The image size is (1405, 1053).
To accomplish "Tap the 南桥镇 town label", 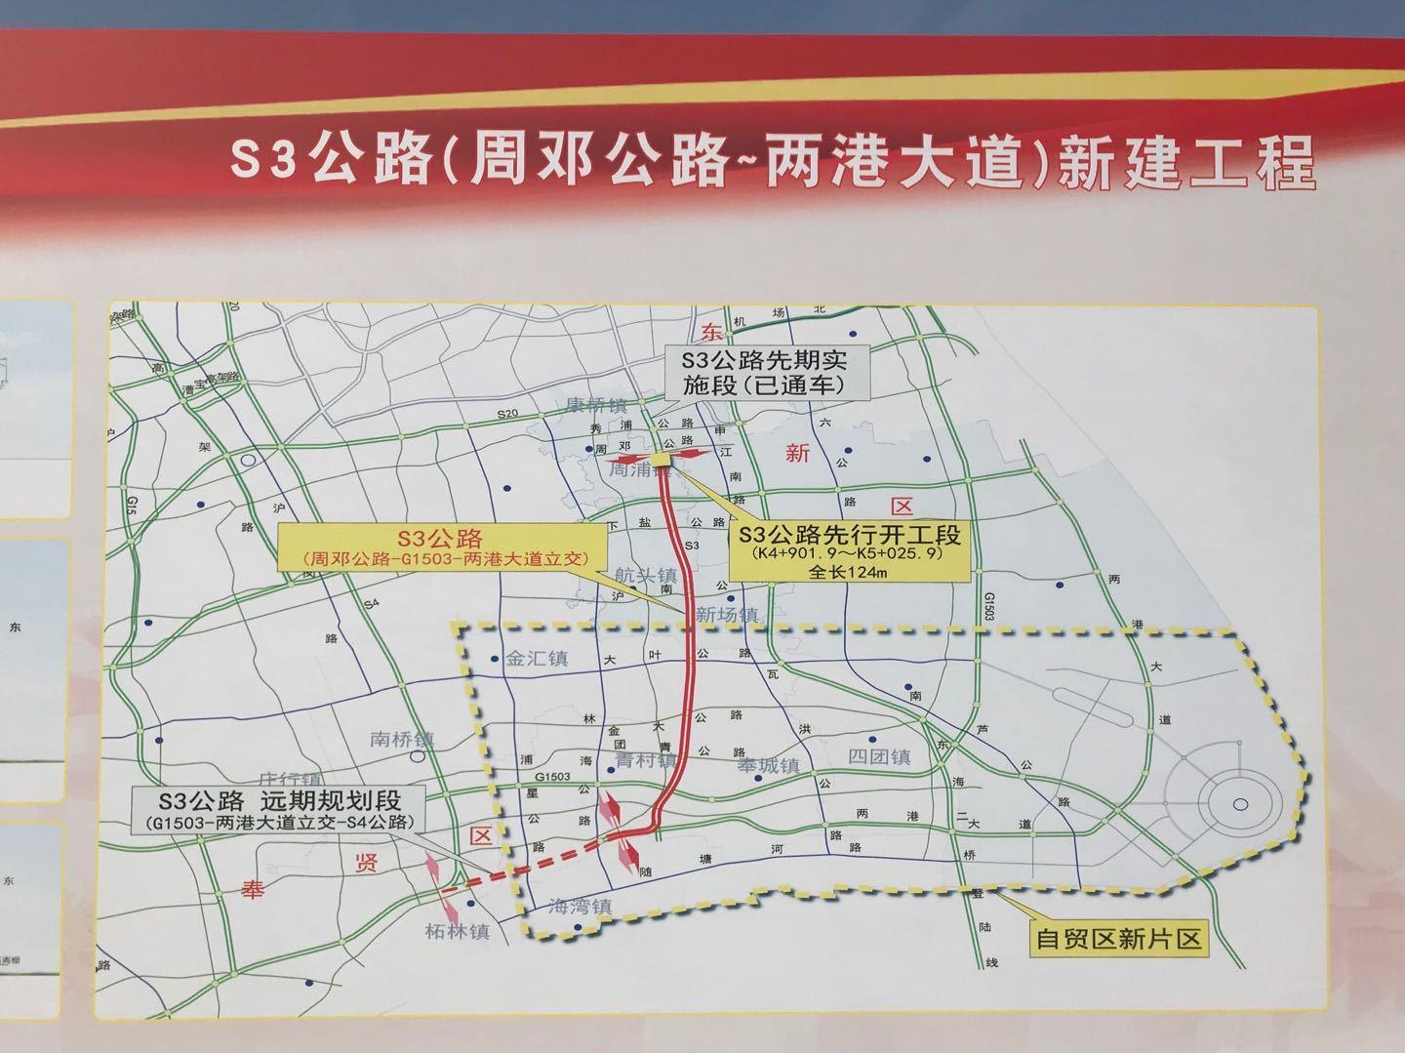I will [402, 740].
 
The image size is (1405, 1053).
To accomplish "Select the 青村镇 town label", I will [646, 759].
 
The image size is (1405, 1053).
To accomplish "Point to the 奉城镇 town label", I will [768, 766].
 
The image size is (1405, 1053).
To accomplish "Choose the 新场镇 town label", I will [727, 615].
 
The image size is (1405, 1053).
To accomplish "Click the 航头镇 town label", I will [647, 576].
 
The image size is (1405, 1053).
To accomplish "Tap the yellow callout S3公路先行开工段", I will [849, 552].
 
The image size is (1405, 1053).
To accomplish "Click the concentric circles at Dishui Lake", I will [1239, 802].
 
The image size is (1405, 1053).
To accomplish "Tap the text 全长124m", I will [848, 574].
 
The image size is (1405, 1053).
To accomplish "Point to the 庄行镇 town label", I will [290, 781].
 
